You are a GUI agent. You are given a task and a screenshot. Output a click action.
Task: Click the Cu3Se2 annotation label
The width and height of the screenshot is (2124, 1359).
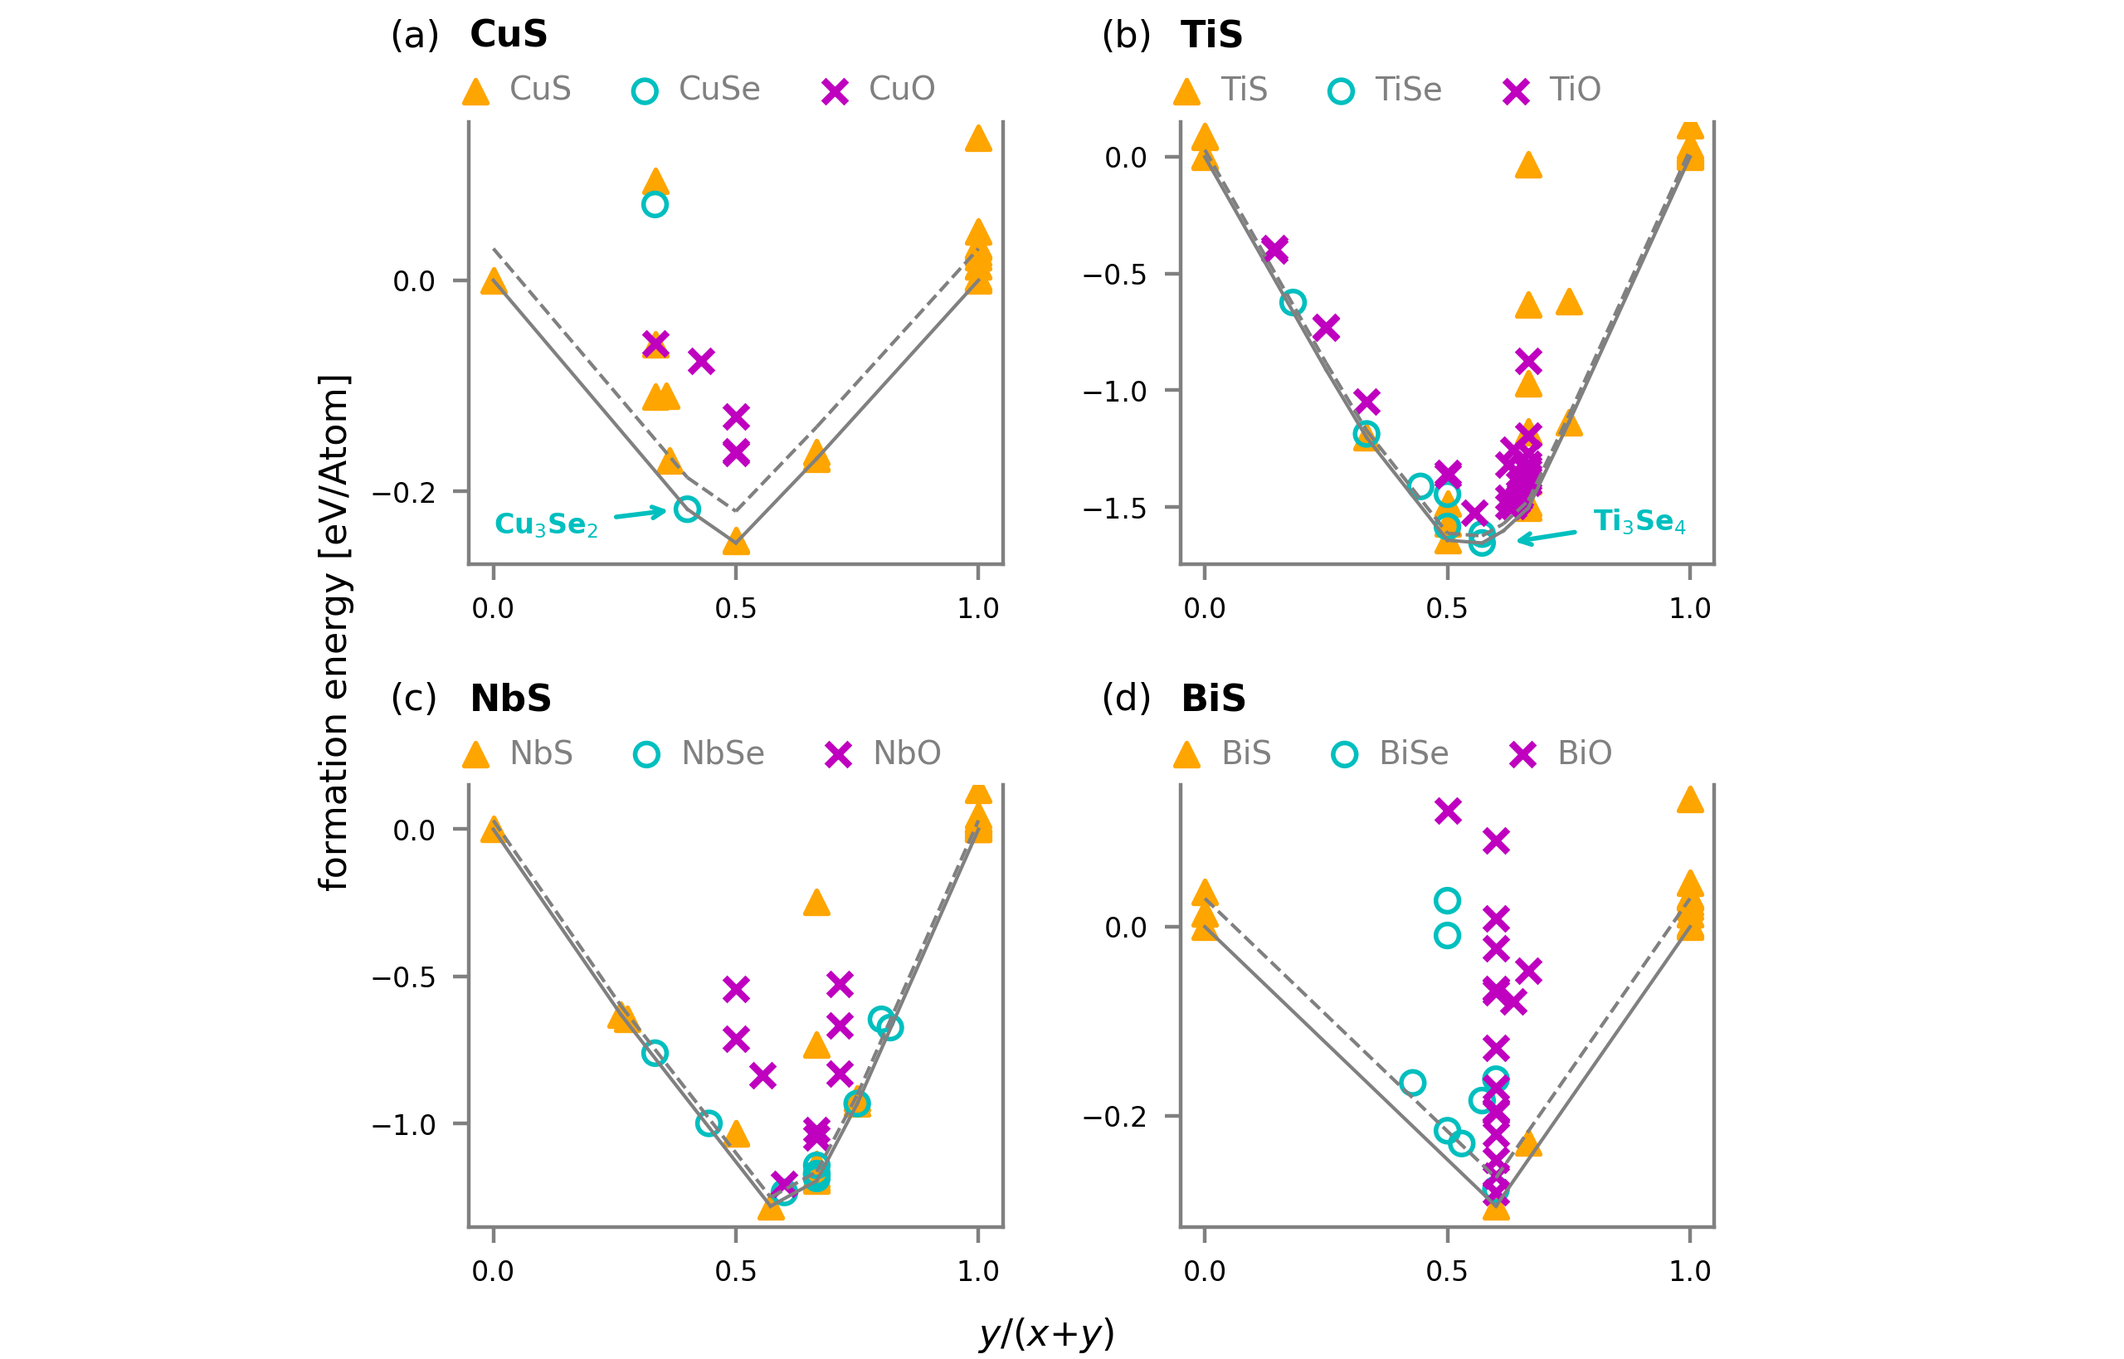click(x=546, y=524)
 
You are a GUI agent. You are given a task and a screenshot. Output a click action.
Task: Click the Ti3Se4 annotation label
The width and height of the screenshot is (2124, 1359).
click(x=1639, y=522)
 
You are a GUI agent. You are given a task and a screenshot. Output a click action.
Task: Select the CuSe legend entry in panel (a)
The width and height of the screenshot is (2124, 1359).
click(x=696, y=89)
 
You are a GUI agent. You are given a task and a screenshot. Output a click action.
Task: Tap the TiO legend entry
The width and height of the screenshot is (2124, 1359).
click(x=1552, y=90)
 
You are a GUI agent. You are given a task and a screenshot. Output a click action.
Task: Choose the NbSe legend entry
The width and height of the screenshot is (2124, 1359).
click(x=699, y=753)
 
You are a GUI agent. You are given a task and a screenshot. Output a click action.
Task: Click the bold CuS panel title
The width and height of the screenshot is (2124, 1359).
click(x=509, y=34)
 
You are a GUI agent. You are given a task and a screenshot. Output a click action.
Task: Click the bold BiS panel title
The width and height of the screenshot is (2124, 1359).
click(x=1213, y=699)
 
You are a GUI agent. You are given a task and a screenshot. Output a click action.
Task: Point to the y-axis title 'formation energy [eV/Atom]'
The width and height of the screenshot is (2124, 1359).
click(x=334, y=632)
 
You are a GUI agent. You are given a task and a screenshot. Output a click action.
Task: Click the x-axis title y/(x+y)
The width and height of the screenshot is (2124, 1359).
click(x=1046, y=1333)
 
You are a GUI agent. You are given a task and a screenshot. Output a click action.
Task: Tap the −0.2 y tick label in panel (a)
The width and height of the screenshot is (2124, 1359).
click(x=403, y=494)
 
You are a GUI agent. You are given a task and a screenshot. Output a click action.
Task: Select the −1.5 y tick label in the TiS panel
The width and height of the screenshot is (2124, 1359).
click(x=1114, y=509)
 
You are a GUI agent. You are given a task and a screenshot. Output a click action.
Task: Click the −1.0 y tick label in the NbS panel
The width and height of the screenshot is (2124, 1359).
click(x=403, y=1125)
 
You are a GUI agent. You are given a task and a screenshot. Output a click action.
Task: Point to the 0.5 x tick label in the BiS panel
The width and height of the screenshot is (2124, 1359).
click(x=1447, y=1272)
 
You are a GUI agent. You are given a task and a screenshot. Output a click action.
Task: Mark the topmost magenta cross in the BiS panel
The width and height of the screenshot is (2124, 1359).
click(x=1448, y=810)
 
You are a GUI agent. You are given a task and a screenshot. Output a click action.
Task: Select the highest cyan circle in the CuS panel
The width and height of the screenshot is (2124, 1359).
click(x=655, y=205)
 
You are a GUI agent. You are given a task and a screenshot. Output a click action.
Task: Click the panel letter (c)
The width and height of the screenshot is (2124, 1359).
click(x=414, y=699)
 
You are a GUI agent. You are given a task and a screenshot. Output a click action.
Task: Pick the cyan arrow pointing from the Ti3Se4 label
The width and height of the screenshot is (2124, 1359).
click(x=1546, y=537)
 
